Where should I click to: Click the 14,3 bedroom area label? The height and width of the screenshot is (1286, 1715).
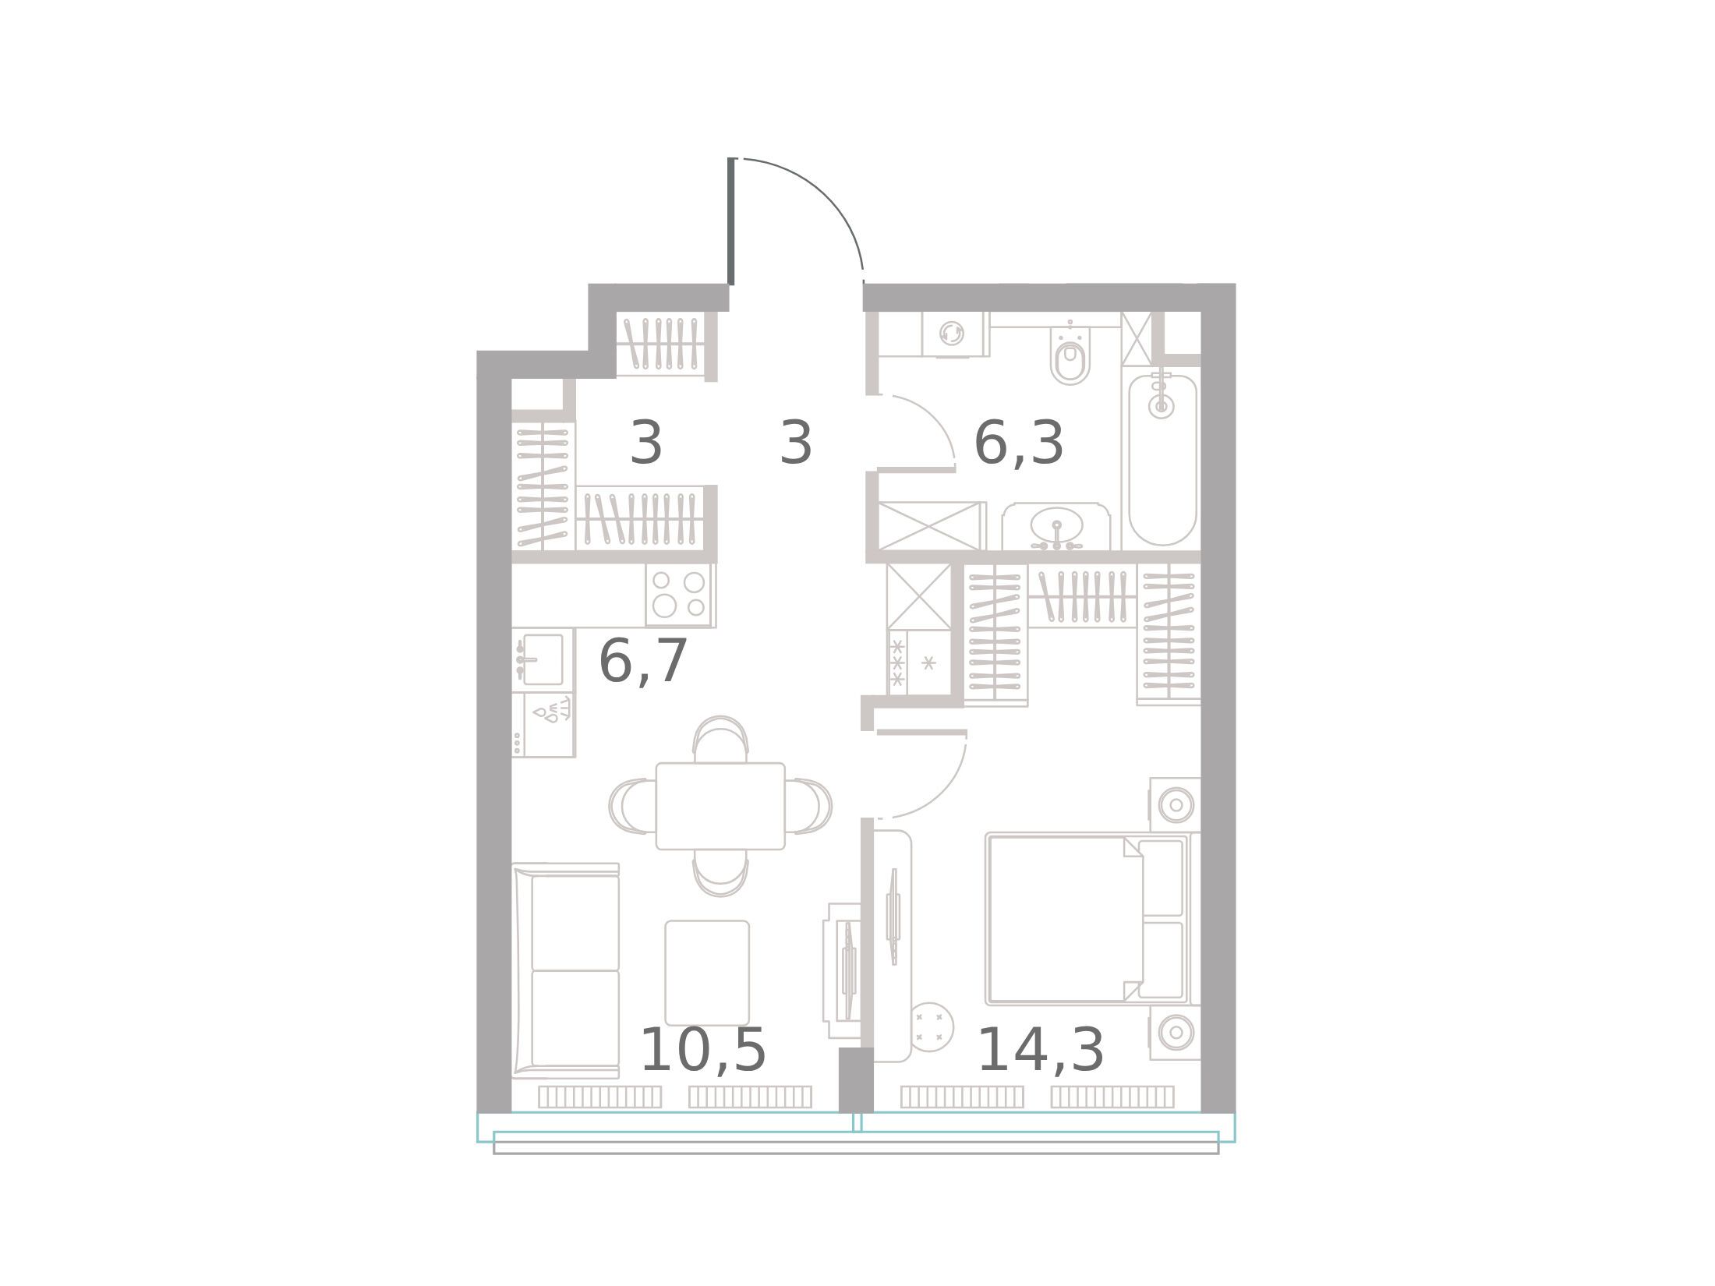pos(1040,1050)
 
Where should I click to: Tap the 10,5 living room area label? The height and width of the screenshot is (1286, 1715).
pos(702,1050)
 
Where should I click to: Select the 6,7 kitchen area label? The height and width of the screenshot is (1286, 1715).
pos(642,661)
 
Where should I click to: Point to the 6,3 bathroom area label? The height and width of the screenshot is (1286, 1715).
pos(1018,443)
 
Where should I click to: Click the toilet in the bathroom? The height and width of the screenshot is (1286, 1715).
pos(1070,355)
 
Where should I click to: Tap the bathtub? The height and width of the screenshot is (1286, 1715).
pos(1162,460)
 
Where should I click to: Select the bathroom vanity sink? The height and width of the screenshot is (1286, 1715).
pos(1056,526)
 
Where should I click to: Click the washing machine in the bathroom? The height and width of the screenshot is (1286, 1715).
pos(952,334)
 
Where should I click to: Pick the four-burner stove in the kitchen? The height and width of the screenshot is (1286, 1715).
pos(679,595)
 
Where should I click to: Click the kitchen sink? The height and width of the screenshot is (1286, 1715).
pos(542,659)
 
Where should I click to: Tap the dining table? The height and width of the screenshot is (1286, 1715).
pos(720,806)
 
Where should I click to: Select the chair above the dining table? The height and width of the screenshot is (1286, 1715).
pos(720,739)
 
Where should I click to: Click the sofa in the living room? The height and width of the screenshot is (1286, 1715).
pos(566,970)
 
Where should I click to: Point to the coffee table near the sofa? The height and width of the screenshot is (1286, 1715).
pos(707,973)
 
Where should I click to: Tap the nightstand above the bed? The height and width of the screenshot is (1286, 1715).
pos(1175,804)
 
